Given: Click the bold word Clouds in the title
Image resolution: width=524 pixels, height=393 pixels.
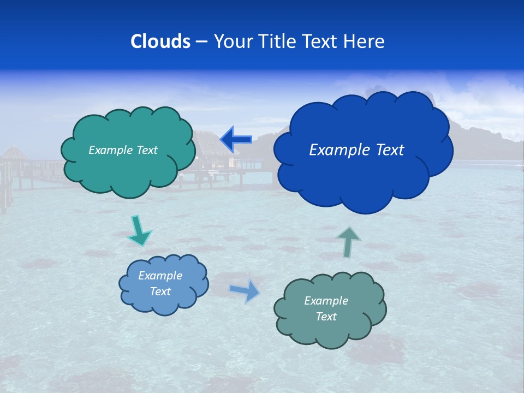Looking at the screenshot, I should pos(160,41).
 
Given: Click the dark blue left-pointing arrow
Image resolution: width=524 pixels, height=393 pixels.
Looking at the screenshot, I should pos(236,140).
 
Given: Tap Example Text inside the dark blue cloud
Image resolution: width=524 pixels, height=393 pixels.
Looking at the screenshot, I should pos(356,150).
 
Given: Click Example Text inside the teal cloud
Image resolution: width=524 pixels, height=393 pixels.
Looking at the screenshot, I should pos(123,150).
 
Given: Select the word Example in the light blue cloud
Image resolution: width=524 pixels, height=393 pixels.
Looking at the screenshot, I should pos(160,276).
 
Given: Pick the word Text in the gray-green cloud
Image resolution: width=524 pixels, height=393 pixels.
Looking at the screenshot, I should pos(326,317).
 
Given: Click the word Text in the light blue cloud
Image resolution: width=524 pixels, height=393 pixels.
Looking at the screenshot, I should pos(160,291).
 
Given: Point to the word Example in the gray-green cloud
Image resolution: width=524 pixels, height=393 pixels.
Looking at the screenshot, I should pos(326,301).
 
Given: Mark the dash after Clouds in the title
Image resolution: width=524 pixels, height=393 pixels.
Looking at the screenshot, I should pos(201,42).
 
